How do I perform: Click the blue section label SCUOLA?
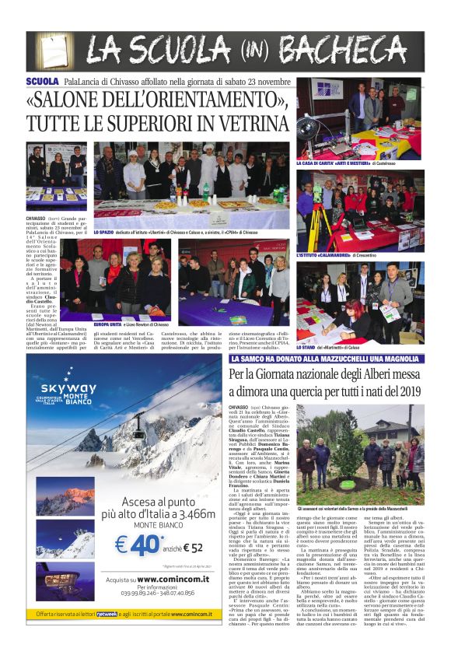(x=42, y=81)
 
